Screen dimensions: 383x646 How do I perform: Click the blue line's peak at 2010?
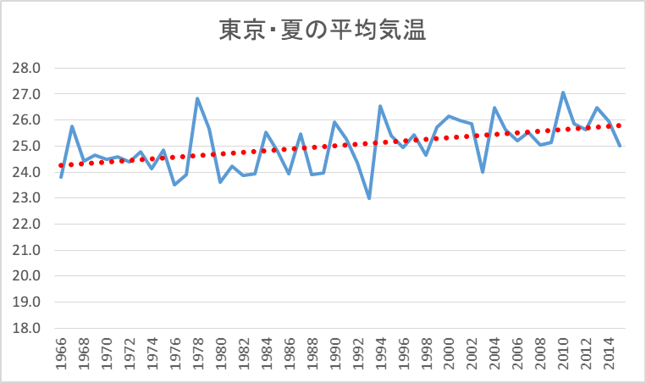tap(563, 92)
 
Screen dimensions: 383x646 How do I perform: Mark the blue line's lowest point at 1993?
tap(369, 198)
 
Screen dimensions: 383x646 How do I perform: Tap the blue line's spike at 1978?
tap(197, 98)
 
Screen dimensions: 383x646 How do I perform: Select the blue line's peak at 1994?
tap(380, 106)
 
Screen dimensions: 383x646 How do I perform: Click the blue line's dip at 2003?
tap(483, 172)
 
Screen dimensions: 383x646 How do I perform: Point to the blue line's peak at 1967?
tap(72, 126)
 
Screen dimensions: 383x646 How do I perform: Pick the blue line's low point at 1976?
tap(174, 185)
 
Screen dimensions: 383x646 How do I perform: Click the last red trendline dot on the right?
tap(620, 125)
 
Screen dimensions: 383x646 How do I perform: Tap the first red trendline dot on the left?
tap(61, 165)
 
